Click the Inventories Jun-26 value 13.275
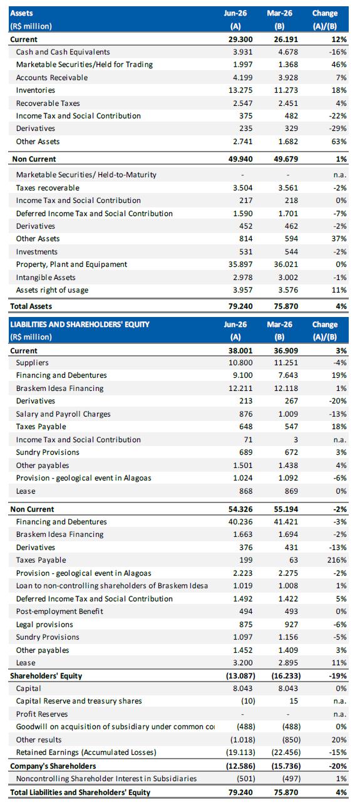click(x=240, y=90)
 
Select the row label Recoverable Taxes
click(x=48, y=103)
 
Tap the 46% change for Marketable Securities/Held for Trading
click(x=339, y=65)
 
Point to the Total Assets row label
click(x=31, y=306)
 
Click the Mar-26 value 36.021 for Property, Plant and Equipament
click(x=286, y=264)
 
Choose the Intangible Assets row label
click(x=46, y=278)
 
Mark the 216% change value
click(x=337, y=560)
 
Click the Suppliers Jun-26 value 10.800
click(x=240, y=362)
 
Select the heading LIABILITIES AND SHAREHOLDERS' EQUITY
click(x=80, y=325)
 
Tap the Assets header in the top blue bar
click(x=21, y=13)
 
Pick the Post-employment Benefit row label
click(x=59, y=611)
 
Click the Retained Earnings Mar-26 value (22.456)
click(x=286, y=752)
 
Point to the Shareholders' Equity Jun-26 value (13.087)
click(x=240, y=675)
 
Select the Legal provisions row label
click(x=44, y=624)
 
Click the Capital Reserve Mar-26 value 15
click(x=294, y=701)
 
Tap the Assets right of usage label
click(x=52, y=290)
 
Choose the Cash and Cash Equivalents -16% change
click(x=337, y=52)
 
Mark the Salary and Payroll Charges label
click(x=63, y=413)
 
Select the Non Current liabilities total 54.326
click(x=240, y=509)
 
